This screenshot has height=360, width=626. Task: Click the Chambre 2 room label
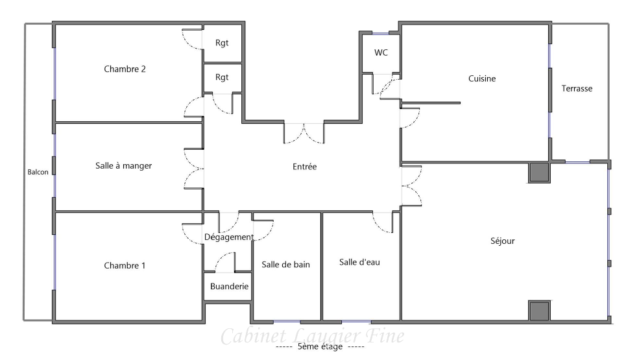click(125, 69)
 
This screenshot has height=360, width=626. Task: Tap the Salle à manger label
click(123, 165)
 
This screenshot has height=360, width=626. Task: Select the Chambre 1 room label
click(125, 265)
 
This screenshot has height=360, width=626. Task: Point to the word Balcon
click(38, 172)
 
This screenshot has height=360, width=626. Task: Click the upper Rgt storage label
click(222, 43)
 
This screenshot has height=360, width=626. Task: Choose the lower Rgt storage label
click(222, 77)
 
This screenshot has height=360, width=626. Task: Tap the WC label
click(381, 53)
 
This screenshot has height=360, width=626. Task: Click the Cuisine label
click(482, 78)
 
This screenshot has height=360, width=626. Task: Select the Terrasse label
click(577, 89)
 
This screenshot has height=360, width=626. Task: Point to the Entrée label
click(305, 167)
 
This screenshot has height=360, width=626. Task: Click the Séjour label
click(503, 241)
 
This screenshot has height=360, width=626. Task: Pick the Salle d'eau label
click(359, 262)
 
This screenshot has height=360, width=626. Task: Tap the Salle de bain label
click(285, 264)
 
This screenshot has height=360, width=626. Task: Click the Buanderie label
click(229, 286)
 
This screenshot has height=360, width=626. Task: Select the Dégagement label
click(229, 237)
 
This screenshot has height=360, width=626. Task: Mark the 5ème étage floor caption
click(320, 346)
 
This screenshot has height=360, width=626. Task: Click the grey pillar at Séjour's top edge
click(539, 173)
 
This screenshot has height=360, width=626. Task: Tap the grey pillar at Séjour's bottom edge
click(539, 311)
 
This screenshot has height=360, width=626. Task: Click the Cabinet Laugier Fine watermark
click(312, 336)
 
